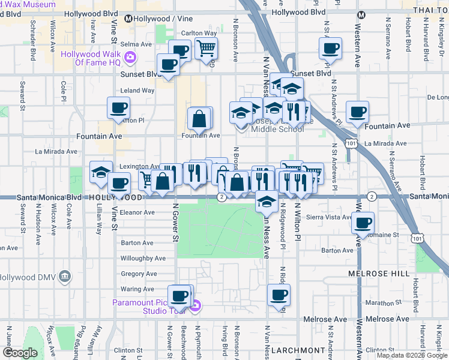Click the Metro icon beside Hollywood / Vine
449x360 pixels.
coord(128,19)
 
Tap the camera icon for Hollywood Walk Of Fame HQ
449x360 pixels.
coord(131,58)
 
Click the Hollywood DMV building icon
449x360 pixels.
coord(65,277)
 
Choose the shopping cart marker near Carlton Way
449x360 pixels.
coord(206,48)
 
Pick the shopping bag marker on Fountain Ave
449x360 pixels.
coord(199,119)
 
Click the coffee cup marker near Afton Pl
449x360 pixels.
coord(118,108)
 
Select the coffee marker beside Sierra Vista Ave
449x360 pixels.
coord(363,223)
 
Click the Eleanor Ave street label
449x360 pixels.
coord(137,212)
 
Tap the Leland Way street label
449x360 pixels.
coord(137,91)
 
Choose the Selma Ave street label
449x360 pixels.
coord(136,44)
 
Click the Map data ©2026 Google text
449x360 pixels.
coord(412,355)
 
